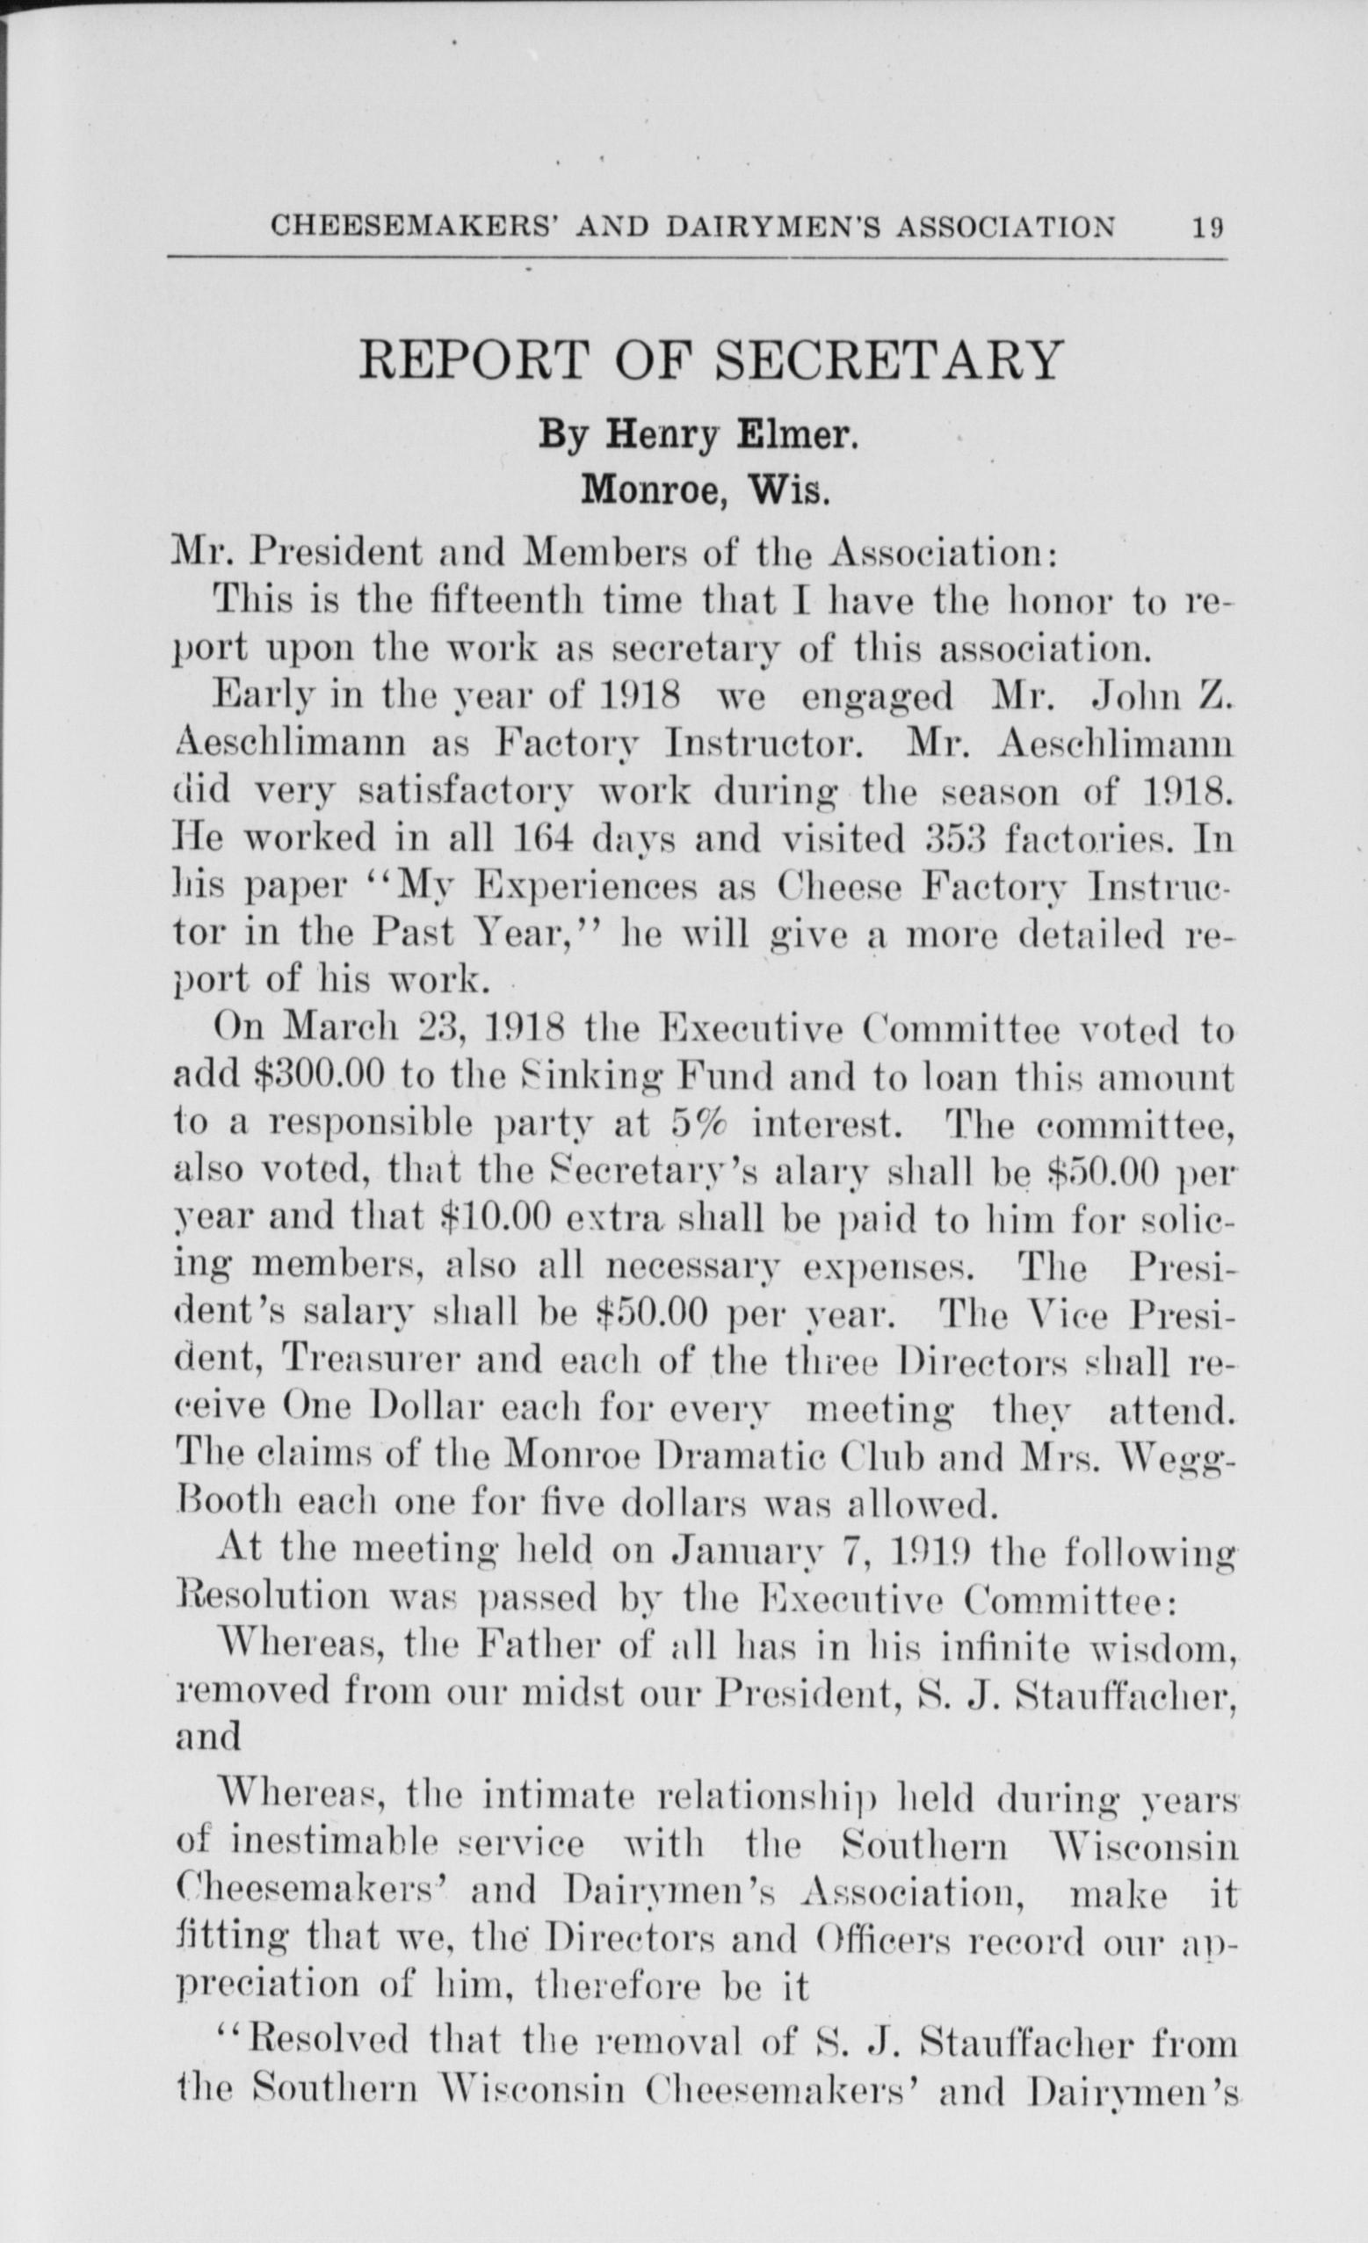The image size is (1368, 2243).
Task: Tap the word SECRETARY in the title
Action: (x=889, y=359)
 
